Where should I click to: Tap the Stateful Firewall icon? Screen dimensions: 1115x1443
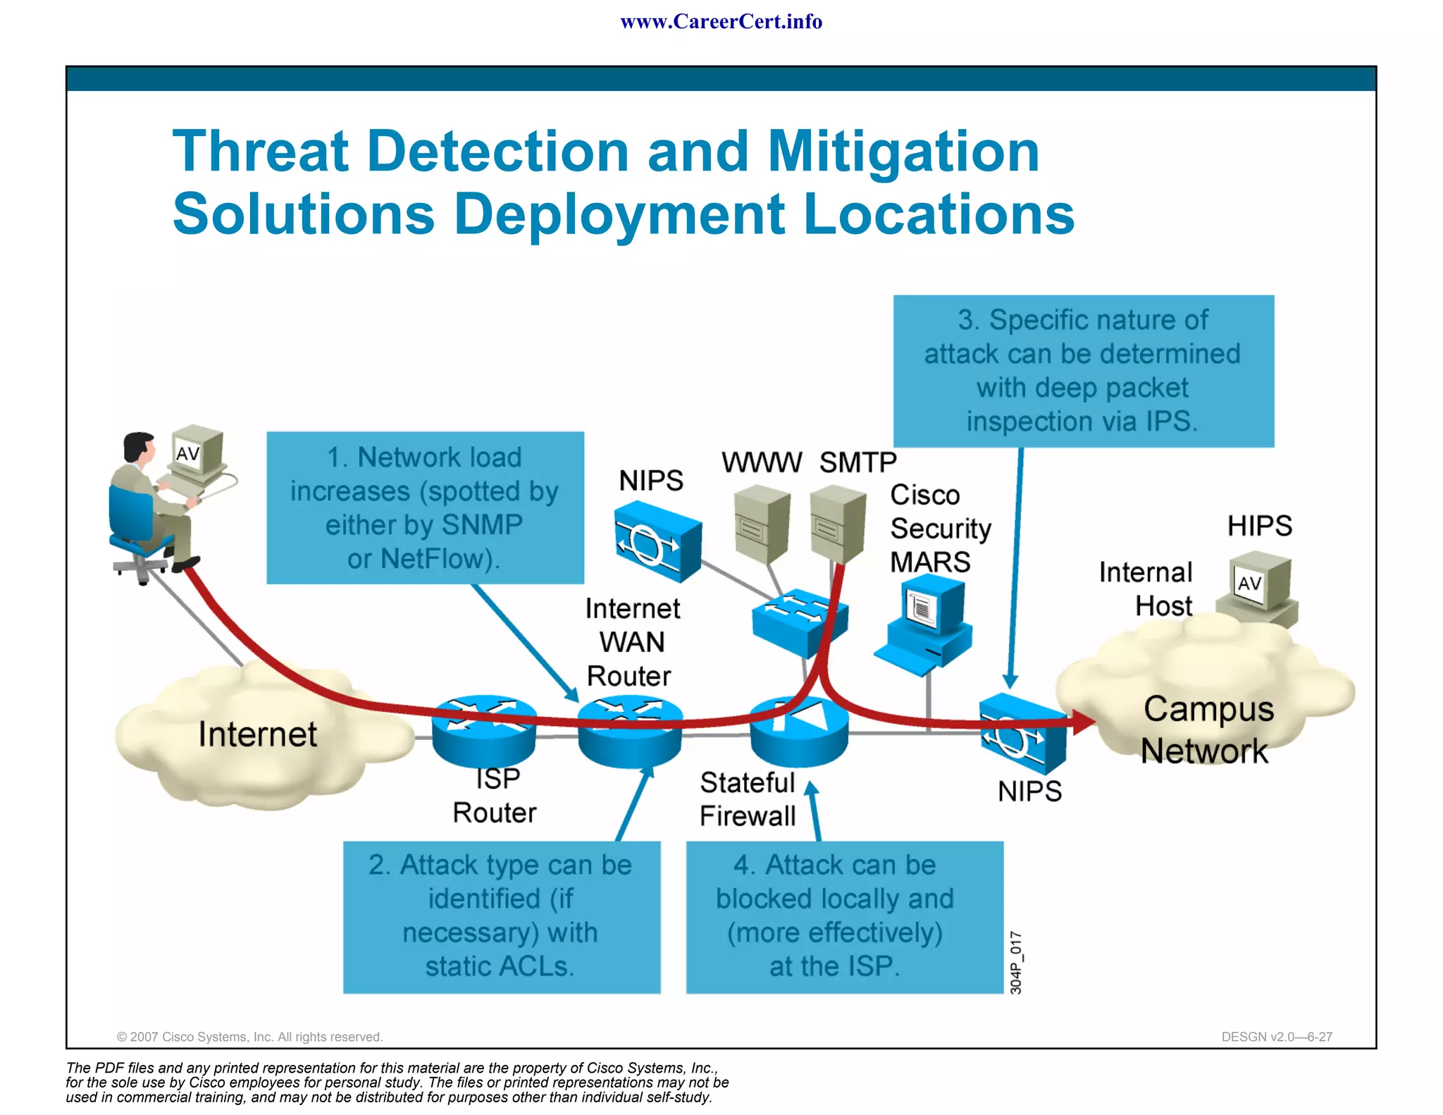[799, 732]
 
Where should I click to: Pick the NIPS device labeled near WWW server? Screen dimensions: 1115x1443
[657, 541]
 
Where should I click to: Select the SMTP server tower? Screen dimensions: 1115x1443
[837, 525]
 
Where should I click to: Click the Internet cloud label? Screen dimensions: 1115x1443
[258, 734]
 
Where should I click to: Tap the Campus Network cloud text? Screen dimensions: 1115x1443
[1208, 729]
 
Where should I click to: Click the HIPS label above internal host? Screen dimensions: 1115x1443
[1259, 526]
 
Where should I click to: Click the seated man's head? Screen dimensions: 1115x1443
[138, 447]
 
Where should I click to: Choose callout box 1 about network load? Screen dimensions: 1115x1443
[425, 507]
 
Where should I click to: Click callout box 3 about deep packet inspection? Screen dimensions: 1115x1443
[1083, 371]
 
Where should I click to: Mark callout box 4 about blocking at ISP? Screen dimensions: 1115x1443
[844, 916]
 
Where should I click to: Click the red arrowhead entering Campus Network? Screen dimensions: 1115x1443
[1083, 721]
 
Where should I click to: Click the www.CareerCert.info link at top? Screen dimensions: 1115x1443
[721, 22]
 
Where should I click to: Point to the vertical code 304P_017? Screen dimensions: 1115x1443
[1016, 963]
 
